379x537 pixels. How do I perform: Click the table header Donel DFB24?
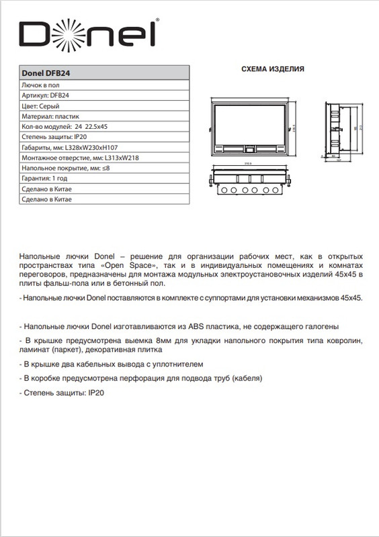coord(43,74)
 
